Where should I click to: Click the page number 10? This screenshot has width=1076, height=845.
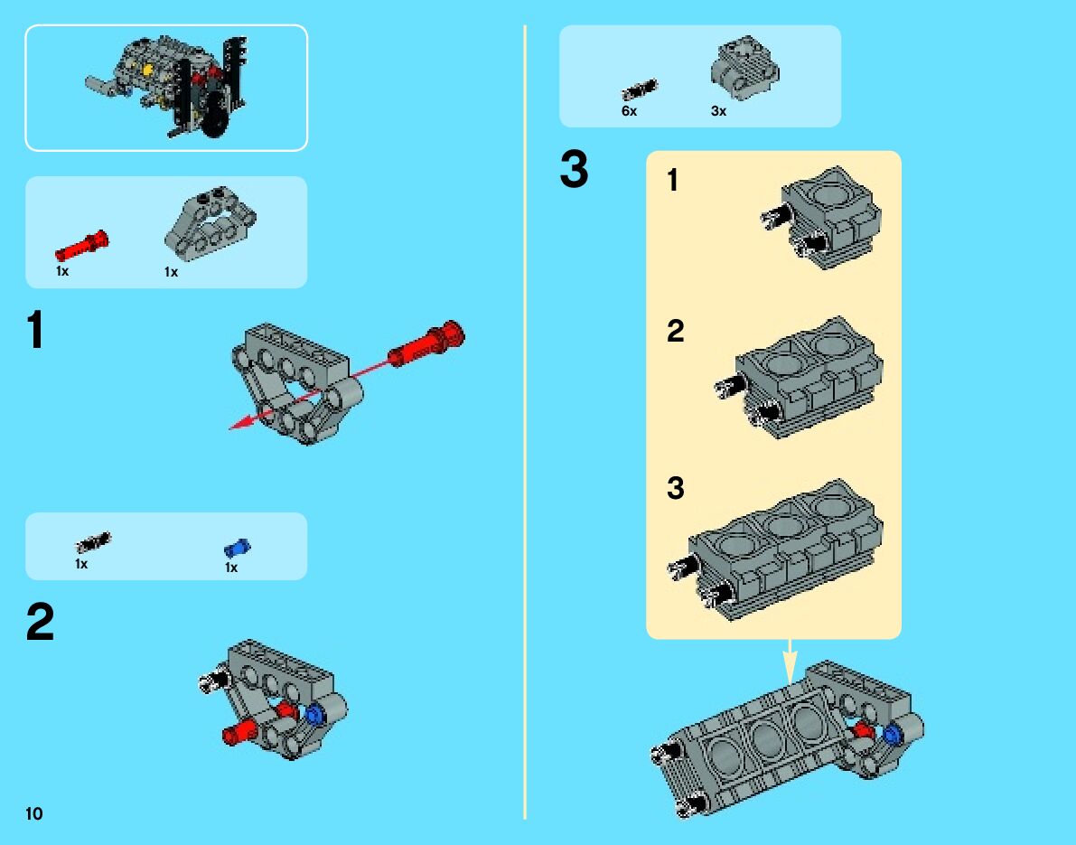34,813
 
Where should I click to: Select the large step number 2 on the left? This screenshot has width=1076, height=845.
40,624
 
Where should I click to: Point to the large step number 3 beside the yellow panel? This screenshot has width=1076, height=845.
574,171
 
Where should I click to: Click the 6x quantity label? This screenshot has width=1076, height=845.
629,111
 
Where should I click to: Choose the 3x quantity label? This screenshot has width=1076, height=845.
718,111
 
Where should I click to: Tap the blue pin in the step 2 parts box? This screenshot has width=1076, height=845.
237,548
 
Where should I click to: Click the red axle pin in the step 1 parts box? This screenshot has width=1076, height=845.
81,245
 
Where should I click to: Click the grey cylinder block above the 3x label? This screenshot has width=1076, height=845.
745,69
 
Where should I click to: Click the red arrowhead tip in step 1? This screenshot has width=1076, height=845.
233,427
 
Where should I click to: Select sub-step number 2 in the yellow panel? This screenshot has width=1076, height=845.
676,332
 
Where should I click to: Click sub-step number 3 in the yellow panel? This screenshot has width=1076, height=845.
676,489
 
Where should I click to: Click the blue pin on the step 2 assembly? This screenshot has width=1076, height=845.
315,715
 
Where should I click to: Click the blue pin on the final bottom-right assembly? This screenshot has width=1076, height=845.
894,734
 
